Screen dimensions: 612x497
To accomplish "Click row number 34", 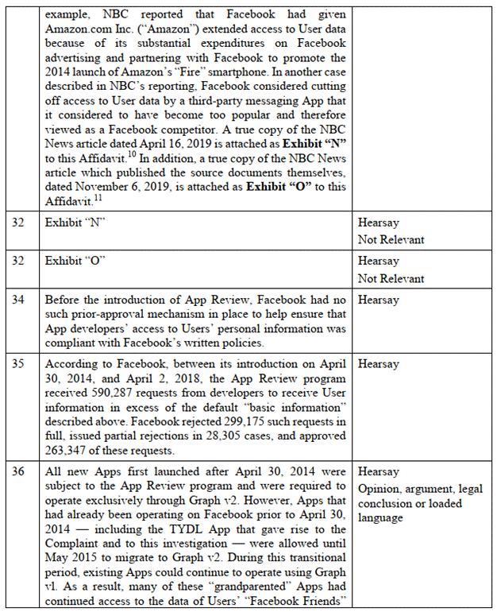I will tap(17, 300).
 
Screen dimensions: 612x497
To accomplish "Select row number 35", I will tap(17, 364).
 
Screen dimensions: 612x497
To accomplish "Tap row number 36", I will tap(17, 471).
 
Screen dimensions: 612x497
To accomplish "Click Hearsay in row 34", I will tap(378, 300).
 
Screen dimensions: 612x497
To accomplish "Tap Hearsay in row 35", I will tap(378, 364).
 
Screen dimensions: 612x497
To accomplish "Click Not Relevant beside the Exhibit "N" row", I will tap(391, 239).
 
